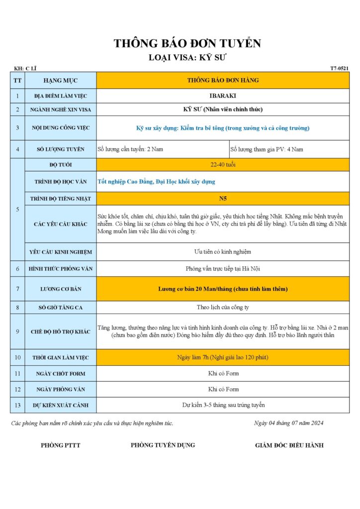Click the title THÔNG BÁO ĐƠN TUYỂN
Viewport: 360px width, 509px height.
pyautogui.click(x=187, y=43)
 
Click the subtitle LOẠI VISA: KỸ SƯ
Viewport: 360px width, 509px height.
pyautogui.click(x=187, y=58)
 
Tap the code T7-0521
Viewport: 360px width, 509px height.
pyautogui.click(x=340, y=69)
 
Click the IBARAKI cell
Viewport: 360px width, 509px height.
pyautogui.click(x=223, y=95)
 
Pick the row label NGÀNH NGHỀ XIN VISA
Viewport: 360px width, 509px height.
pyautogui.click(x=60, y=109)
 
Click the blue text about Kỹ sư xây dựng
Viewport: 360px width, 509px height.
pyautogui.click(x=223, y=128)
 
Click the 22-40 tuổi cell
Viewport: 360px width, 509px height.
pyautogui.click(x=223, y=165)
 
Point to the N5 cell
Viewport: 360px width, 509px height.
pyautogui.click(x=223, y=198)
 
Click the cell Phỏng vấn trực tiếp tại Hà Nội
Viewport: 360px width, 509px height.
pyautogui.click(x=223, y=269)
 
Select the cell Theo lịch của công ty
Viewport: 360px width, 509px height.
pyautogui.click(x=223, y=307)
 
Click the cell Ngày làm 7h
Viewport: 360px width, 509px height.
pyautogui.click(x=223, y=357)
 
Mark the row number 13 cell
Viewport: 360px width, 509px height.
pyautogui.click(x=17, y=405)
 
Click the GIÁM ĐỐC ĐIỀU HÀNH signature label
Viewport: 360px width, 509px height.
pyautogui.click(x=289, y=445)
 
